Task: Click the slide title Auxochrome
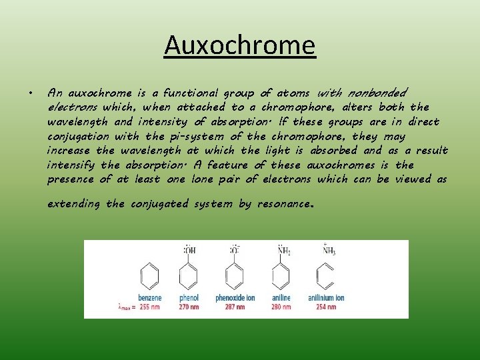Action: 240,46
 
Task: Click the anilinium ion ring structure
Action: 326,275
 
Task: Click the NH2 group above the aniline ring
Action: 283,251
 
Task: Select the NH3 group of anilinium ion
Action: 329,251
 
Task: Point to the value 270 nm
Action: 189,307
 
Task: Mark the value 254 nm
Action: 326,307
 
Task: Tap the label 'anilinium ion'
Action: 326,298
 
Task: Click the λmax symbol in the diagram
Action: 124,307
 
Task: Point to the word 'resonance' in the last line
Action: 283,204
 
